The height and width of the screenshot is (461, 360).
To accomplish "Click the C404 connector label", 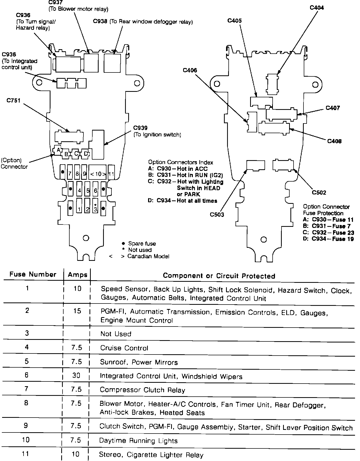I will click(x=317, y=8).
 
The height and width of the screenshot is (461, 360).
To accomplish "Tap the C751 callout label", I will click(x=14, y=100).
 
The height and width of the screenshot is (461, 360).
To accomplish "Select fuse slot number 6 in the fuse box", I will click(x=95, y=190).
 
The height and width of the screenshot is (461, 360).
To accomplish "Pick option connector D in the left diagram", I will click(x=86, y=154).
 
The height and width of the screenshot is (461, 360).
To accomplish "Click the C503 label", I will click(x=217, y=215).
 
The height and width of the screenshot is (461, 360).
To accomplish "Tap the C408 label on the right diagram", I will click(x=334, y=141).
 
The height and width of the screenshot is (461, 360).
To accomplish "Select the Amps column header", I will click(x=77, y=275).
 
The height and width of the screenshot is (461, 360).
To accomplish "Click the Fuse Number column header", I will click(x=33, y=274).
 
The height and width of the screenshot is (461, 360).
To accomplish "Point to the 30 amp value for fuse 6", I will click(x=76, y=375).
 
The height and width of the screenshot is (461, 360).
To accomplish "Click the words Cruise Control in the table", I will click(x=124, y=348).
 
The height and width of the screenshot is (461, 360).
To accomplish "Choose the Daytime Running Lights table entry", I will click(x=138, y=441).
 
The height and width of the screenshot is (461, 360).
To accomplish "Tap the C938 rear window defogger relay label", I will click(x=143, y=22).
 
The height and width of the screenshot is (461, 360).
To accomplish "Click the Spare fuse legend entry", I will click(x=142, y=244).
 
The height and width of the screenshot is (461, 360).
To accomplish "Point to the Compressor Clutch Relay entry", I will click(x=143, y=390).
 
